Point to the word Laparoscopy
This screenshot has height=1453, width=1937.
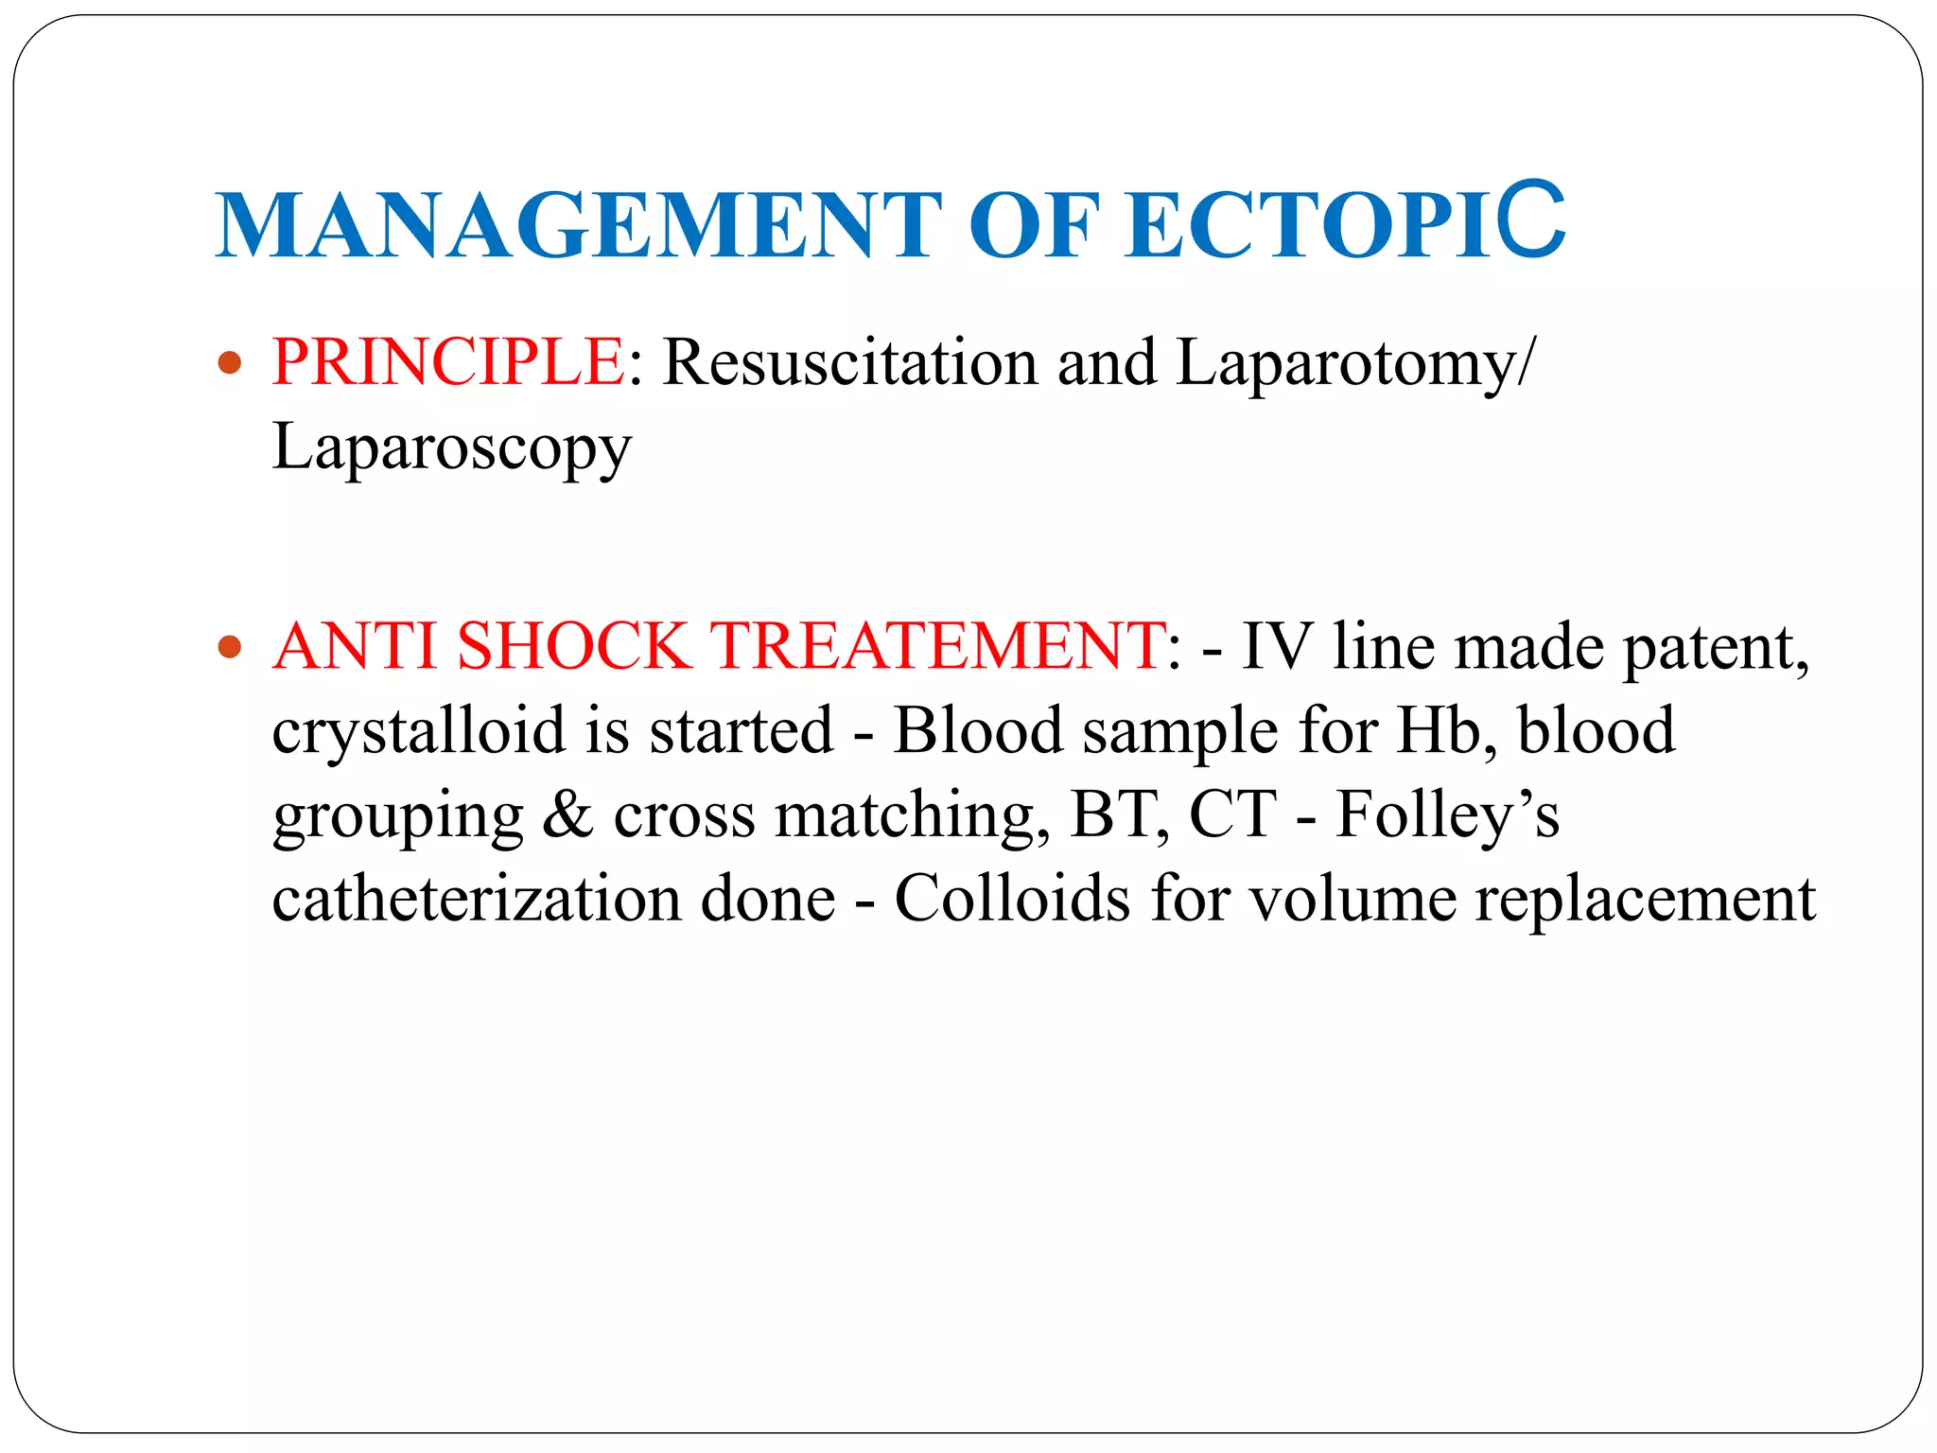(x=451, y=446)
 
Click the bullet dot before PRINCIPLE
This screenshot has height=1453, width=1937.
(x=230, y=362)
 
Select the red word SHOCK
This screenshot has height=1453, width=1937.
(x=573, y=646)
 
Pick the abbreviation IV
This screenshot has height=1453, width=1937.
(x=1275, y=646)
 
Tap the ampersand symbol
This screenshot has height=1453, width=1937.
(x=567, y=814)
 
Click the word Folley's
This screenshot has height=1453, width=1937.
(x=1447, y=814)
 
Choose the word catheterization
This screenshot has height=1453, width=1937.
(x=476, y=898)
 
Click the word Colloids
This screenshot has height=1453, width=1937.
(x=1012, y=898)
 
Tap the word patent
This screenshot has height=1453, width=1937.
(x=1716, y=648)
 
